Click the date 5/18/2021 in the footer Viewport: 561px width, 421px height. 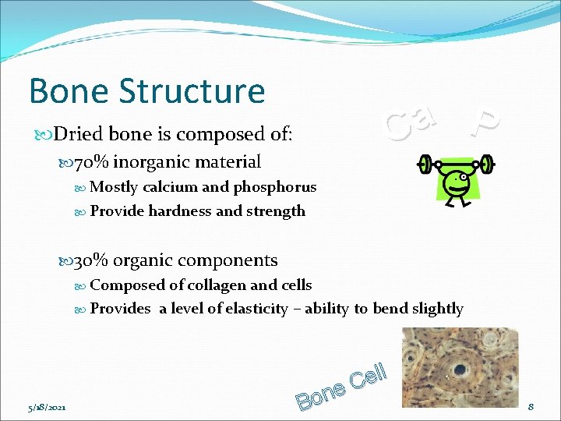pyautogui.click(x=46, y=407)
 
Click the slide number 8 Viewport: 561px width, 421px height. pyautogui.click(x=531, y=407)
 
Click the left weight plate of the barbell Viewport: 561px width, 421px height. pyautogui.click(x=425, y=164)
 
